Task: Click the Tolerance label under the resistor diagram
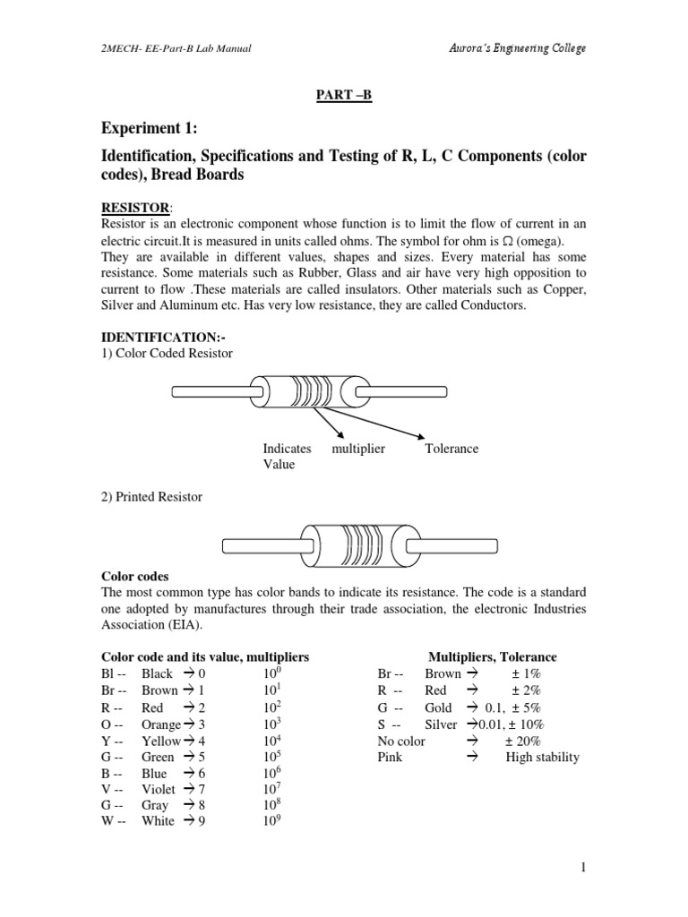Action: click(x=452, y=449)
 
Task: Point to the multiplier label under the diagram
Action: click(x=358, y=449)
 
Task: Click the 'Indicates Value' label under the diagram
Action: click(x=287, y=457)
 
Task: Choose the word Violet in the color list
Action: click(x=159, y=789)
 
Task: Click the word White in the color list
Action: click(x=159, y=821)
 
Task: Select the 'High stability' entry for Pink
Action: click(x=542, y=757)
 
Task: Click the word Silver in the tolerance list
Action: click(x=441, y=724)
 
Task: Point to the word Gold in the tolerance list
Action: click(x=439, y=707)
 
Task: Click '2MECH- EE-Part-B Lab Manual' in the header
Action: click(x=176, y=48)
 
